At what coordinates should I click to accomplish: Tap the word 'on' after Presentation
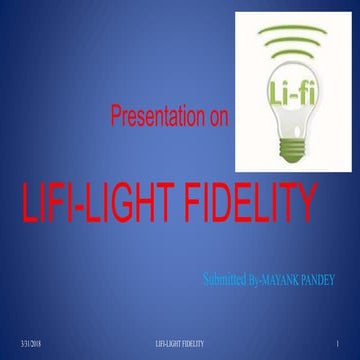[x=218, y=119]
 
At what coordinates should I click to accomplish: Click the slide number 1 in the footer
[x=341, y=343]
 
